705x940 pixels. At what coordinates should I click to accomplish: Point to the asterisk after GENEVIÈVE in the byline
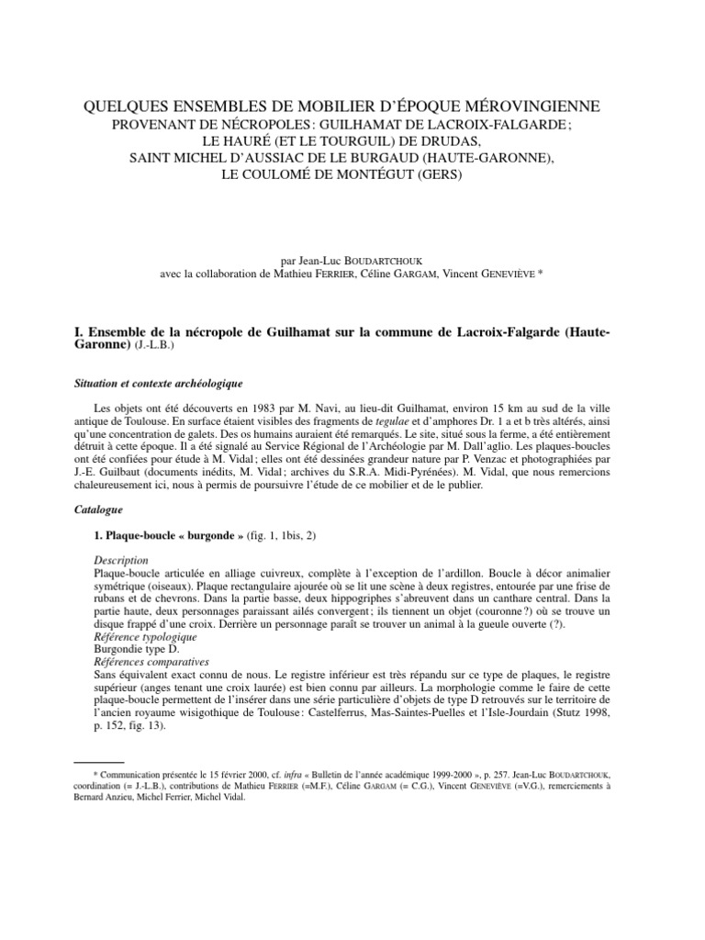coord(542,273)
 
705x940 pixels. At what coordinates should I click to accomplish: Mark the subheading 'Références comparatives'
coord(152,661)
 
